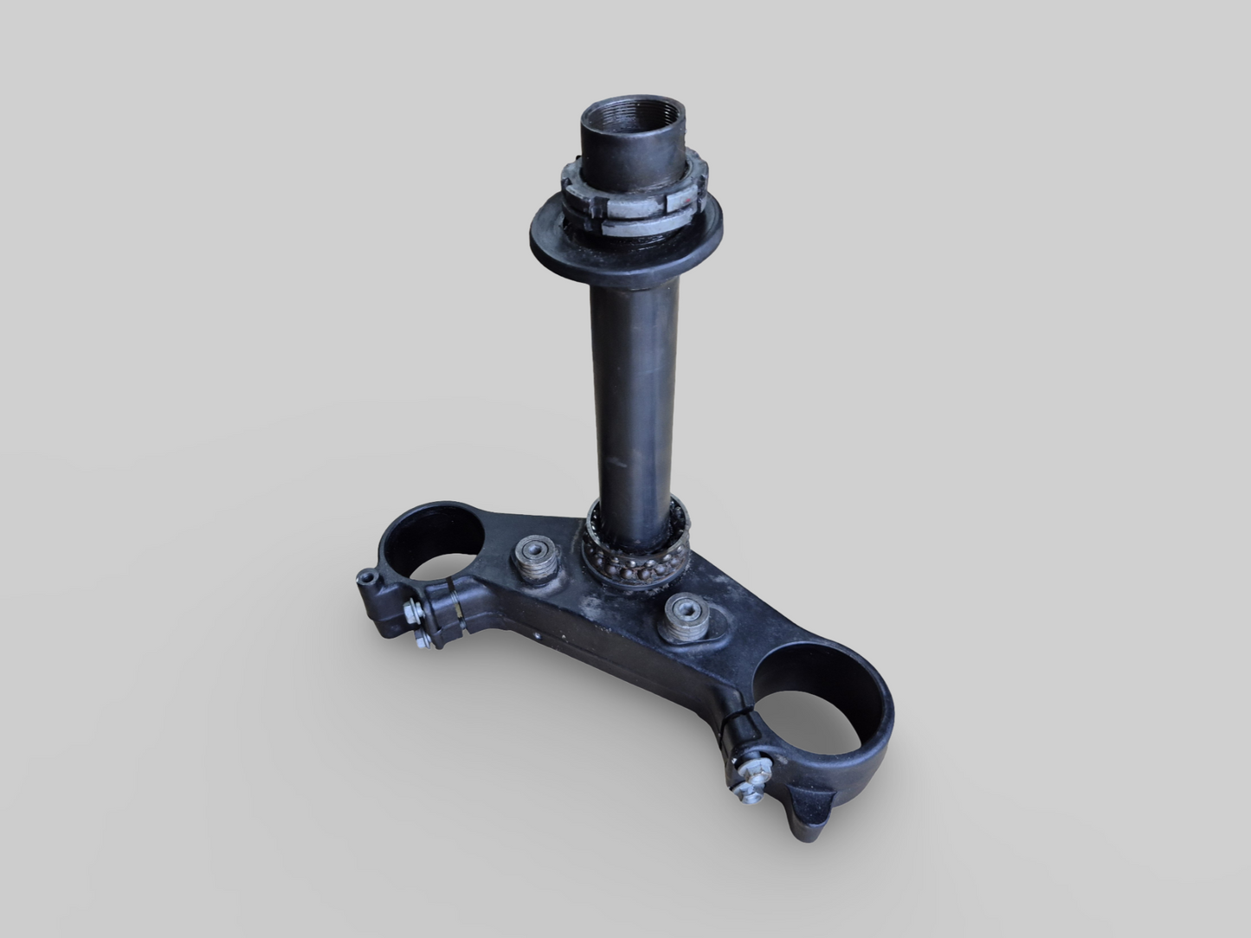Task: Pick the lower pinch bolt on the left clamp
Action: pyautogui.click(x=424, y=639)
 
